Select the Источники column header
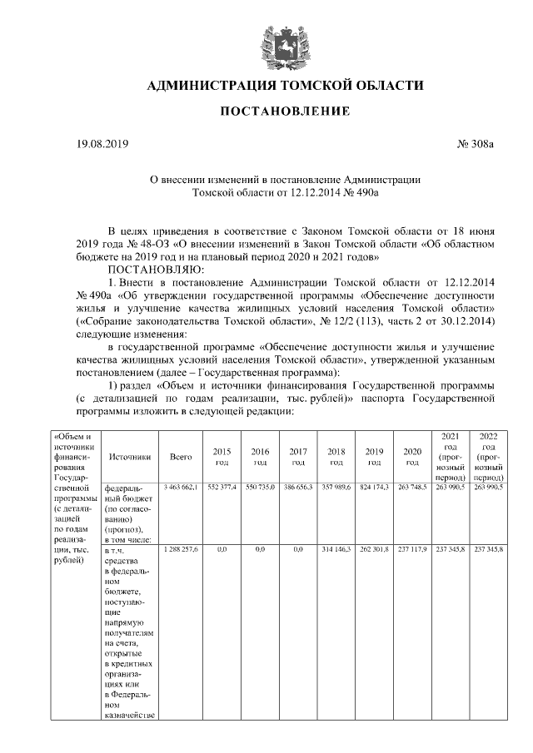pos(129,456)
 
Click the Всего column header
pos(181,456)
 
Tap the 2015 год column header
pos(222,456)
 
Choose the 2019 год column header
pos(375,456)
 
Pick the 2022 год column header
pos(488,456)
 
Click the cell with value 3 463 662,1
pos(181,487)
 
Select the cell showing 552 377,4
pos(222,487)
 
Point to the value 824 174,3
pos(375,487)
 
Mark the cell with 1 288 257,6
pos(181,551)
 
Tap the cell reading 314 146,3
pos(336,551)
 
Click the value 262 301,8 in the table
pos(375,551)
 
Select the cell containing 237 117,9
pos(412,551)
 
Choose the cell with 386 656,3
pos(298,487)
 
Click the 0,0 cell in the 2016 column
pos(260,551)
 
